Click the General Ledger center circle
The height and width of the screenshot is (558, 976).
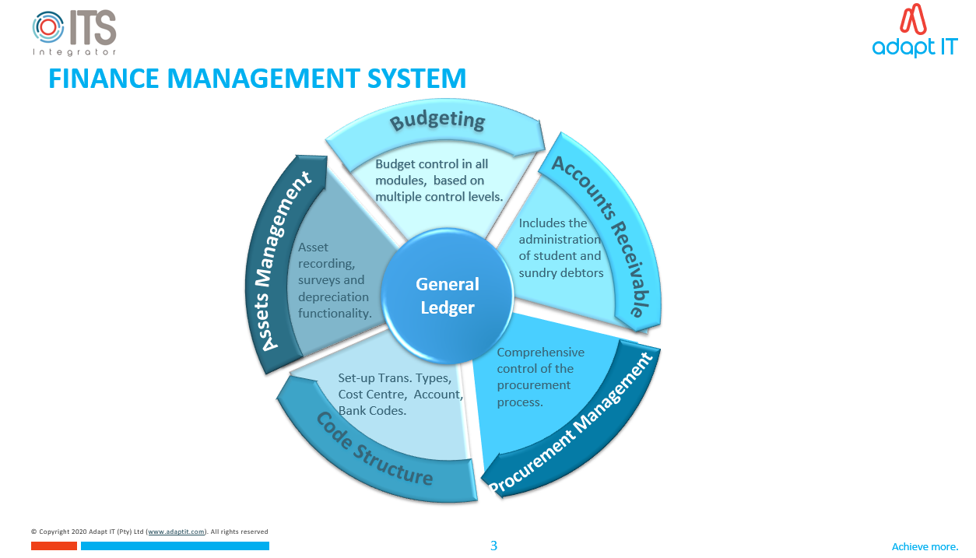click(448, 296)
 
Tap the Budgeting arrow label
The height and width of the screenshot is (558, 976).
click(437, 121)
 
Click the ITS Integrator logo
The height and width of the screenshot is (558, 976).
click(75, 33)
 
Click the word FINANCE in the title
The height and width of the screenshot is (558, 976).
click(103, 79)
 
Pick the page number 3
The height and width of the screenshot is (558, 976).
click(493, 546)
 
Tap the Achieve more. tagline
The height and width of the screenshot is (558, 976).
click(925, 546)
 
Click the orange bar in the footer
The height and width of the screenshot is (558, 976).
click(54, 546)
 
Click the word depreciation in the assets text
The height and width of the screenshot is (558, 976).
click(333, 297)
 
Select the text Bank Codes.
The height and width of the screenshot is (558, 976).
click(372, 410)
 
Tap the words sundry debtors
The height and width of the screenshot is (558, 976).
click(561, 272)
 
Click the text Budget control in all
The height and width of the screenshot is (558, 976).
click(432, 164)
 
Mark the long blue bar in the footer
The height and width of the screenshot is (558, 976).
click(175, 546)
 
